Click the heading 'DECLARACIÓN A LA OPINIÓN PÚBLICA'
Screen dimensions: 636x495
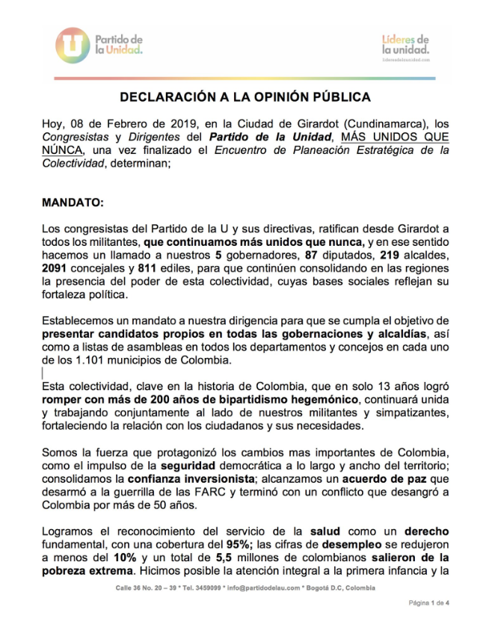(246, 98)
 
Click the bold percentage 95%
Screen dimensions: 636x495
(237, 545)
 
